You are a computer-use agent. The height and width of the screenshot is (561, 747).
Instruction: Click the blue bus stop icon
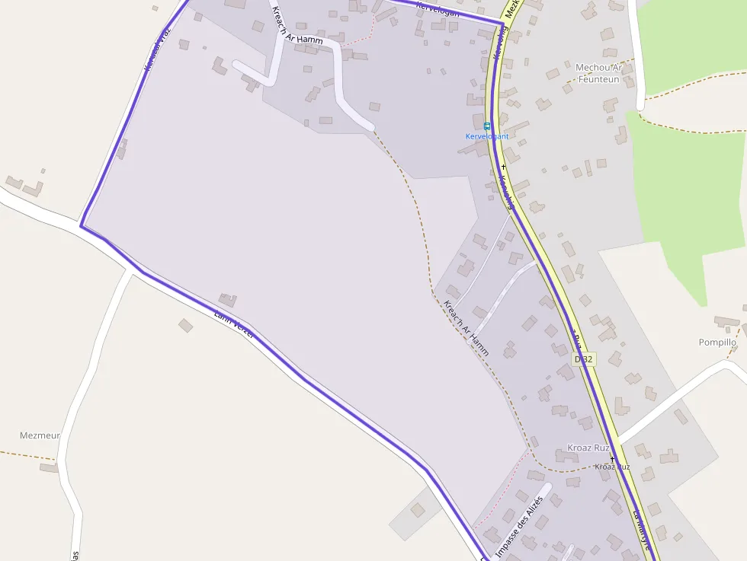tap(487, 126)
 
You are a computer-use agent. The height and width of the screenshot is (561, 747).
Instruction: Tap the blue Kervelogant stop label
tap(487, 136)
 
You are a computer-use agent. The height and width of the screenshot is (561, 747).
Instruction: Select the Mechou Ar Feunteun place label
tap(599, 73)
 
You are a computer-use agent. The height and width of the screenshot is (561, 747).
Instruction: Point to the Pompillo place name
tap(717, 343)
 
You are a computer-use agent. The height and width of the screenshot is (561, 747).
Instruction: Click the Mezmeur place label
tap(40, 435)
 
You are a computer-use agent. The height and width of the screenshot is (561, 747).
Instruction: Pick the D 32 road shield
tap(584, 359)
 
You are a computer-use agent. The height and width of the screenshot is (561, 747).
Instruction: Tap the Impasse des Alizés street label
tap(519, 524)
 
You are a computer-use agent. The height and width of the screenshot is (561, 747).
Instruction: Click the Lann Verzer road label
tap(233, 323)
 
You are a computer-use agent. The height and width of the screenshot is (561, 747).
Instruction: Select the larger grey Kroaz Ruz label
tap(588, 448)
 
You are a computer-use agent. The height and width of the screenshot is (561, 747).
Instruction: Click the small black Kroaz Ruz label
tap(613, 466)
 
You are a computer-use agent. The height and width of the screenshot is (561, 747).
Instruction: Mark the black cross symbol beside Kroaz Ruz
tap(612, 458)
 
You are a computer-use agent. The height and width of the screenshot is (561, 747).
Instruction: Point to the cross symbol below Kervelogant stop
tap(503, 166)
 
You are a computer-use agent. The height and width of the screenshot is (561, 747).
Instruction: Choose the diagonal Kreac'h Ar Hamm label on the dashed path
tap(466, 329)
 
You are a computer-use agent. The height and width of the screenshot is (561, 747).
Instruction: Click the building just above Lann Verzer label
tap(227, 300)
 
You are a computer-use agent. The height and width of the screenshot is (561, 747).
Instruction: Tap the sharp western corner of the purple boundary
tap(81, 225)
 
